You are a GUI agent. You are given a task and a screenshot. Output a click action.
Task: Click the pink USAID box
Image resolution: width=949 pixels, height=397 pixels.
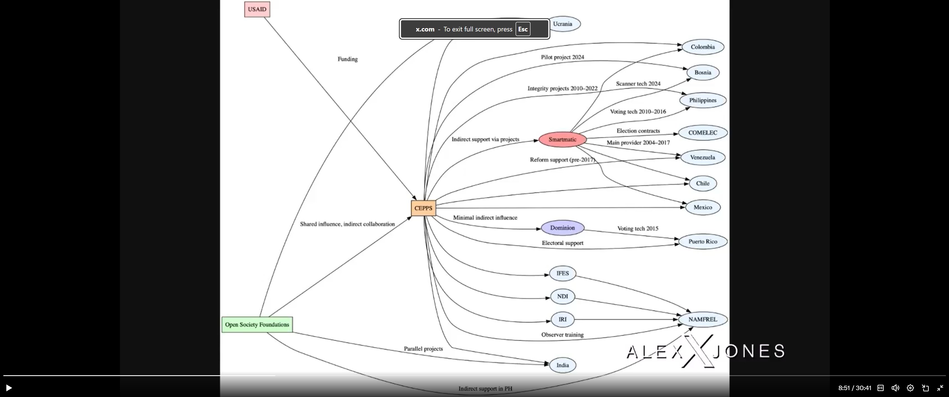(x=257, y=9)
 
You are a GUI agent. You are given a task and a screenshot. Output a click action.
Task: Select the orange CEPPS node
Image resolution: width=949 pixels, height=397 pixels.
(x=423, y=208)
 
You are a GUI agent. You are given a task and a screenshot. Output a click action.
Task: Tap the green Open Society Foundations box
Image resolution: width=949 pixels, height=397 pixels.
(x=257, y=324)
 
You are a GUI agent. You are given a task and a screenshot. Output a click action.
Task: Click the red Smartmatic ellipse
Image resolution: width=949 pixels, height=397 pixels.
(x=562, y=140)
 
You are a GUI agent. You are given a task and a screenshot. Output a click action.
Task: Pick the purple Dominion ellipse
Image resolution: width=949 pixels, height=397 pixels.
(x=562, y=228)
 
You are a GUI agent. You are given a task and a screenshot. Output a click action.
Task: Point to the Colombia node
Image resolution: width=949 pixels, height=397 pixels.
(x=703, y=47)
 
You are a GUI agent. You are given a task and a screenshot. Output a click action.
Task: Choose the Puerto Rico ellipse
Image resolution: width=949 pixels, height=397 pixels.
(x=703, y=242)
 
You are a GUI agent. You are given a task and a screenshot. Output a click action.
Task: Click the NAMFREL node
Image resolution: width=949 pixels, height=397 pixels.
(x=703, y=319)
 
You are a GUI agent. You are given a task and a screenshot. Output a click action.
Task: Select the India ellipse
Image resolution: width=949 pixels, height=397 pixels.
(x=562, y=365)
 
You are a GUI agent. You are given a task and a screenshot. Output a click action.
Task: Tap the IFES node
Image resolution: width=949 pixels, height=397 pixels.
(x=562, y=273)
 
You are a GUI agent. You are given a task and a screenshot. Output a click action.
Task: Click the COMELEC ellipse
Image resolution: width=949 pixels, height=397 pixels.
(x=703, y=133)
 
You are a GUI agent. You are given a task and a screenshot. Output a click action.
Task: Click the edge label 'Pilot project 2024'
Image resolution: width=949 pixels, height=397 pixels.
(x=562, y=57)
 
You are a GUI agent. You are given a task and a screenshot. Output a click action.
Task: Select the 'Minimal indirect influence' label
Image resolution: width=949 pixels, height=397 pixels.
(x=485, y=218)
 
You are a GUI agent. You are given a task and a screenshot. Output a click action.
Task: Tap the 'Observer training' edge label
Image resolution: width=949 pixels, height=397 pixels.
(x=562, y=335)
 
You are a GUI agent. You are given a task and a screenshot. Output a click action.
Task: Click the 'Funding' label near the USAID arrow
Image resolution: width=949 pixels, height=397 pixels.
(x=347, y=59)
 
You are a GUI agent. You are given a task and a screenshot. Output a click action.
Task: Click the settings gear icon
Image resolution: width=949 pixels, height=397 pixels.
(x=910, y=388)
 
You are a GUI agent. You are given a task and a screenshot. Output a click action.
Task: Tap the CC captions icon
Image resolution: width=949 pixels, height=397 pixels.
(x=881, y=388)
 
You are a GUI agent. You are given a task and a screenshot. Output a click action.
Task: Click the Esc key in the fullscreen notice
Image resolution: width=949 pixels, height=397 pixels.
(x=523, y=29)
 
